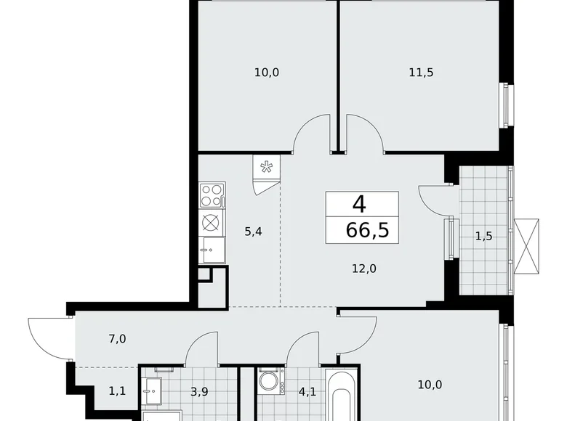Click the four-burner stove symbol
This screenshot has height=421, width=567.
coord(211,194)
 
